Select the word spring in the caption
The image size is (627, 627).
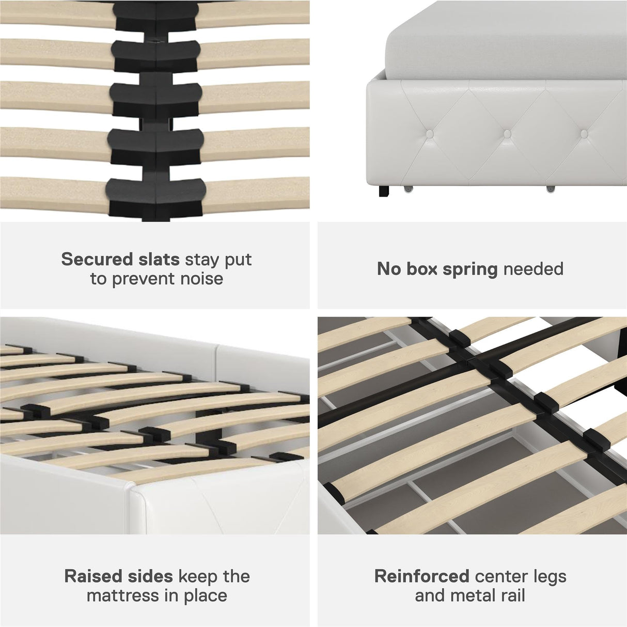point(470,269)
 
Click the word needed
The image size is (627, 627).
point(534,269)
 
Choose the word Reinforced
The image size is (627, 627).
point(421,576)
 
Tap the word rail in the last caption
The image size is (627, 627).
point(511,595)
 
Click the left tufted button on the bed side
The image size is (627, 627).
point(430,134)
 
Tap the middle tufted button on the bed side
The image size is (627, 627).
point(508,134)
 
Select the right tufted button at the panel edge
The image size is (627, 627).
point(584,134)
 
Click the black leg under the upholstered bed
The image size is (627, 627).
point(384,192)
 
